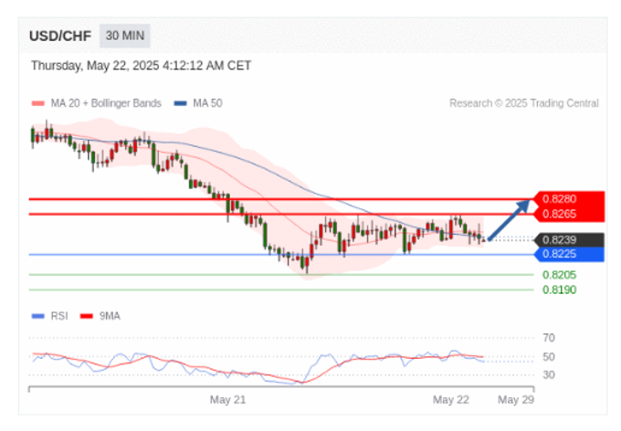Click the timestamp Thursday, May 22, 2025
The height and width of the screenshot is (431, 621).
(141, 66)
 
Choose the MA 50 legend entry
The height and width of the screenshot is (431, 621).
(203, 103)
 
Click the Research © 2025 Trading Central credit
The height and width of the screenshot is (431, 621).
(523, 103)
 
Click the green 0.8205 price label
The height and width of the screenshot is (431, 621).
(559, 275)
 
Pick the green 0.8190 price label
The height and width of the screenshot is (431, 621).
(559, 289)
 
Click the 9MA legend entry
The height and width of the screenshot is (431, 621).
(109, 316)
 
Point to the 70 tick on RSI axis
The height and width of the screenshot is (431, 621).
(549, 338)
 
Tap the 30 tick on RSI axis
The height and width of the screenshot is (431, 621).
(549, 374)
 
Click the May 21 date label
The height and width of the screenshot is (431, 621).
(228, 400)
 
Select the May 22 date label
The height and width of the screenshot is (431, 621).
(450, 400)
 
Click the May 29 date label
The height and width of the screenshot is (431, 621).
(515, 400)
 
